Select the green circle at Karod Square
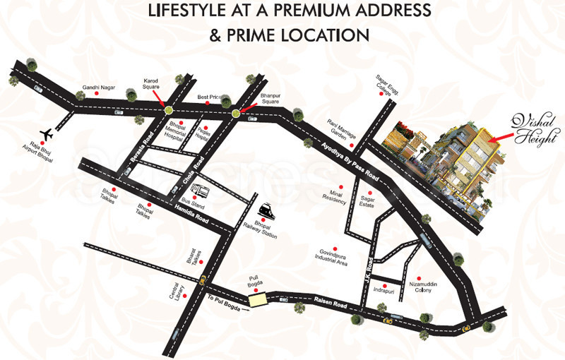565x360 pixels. coord(168,110)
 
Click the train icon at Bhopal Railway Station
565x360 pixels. coord(266,210)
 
